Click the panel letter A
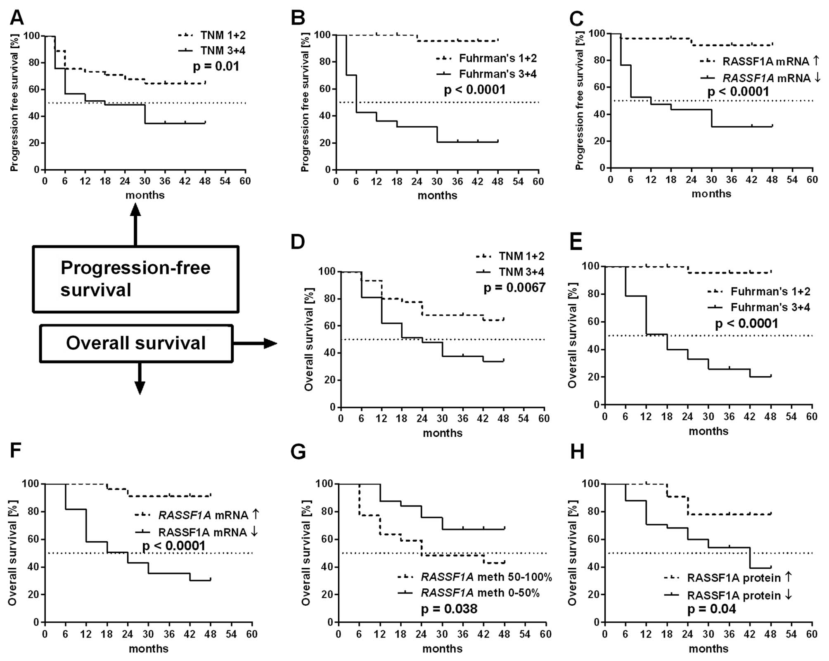(17, 17)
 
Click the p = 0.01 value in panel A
(216, 66)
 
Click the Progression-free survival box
(135, 279)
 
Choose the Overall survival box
(136, 343)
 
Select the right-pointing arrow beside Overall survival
(255, 343)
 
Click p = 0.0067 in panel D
(514, 287)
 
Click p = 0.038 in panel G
(449, 609)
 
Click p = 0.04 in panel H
(711, 609)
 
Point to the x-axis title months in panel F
(149, 648)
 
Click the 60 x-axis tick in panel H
(811, 634)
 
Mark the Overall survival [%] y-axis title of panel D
(308, 339)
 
